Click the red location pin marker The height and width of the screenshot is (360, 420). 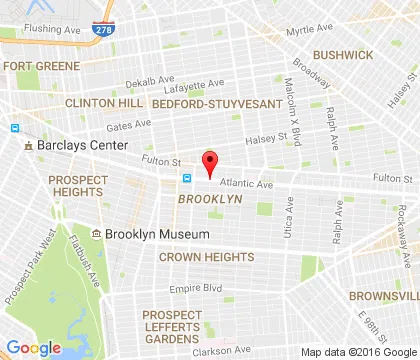[x=210, y=162]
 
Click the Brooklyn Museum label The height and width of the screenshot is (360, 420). [x=157, y=234]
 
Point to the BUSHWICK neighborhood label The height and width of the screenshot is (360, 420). [x=341, y=55]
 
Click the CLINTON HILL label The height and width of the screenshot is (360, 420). [x=103, y=102]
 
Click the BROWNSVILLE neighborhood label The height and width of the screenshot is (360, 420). [x=384, y=296]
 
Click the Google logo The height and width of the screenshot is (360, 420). [x=33, y=347]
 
